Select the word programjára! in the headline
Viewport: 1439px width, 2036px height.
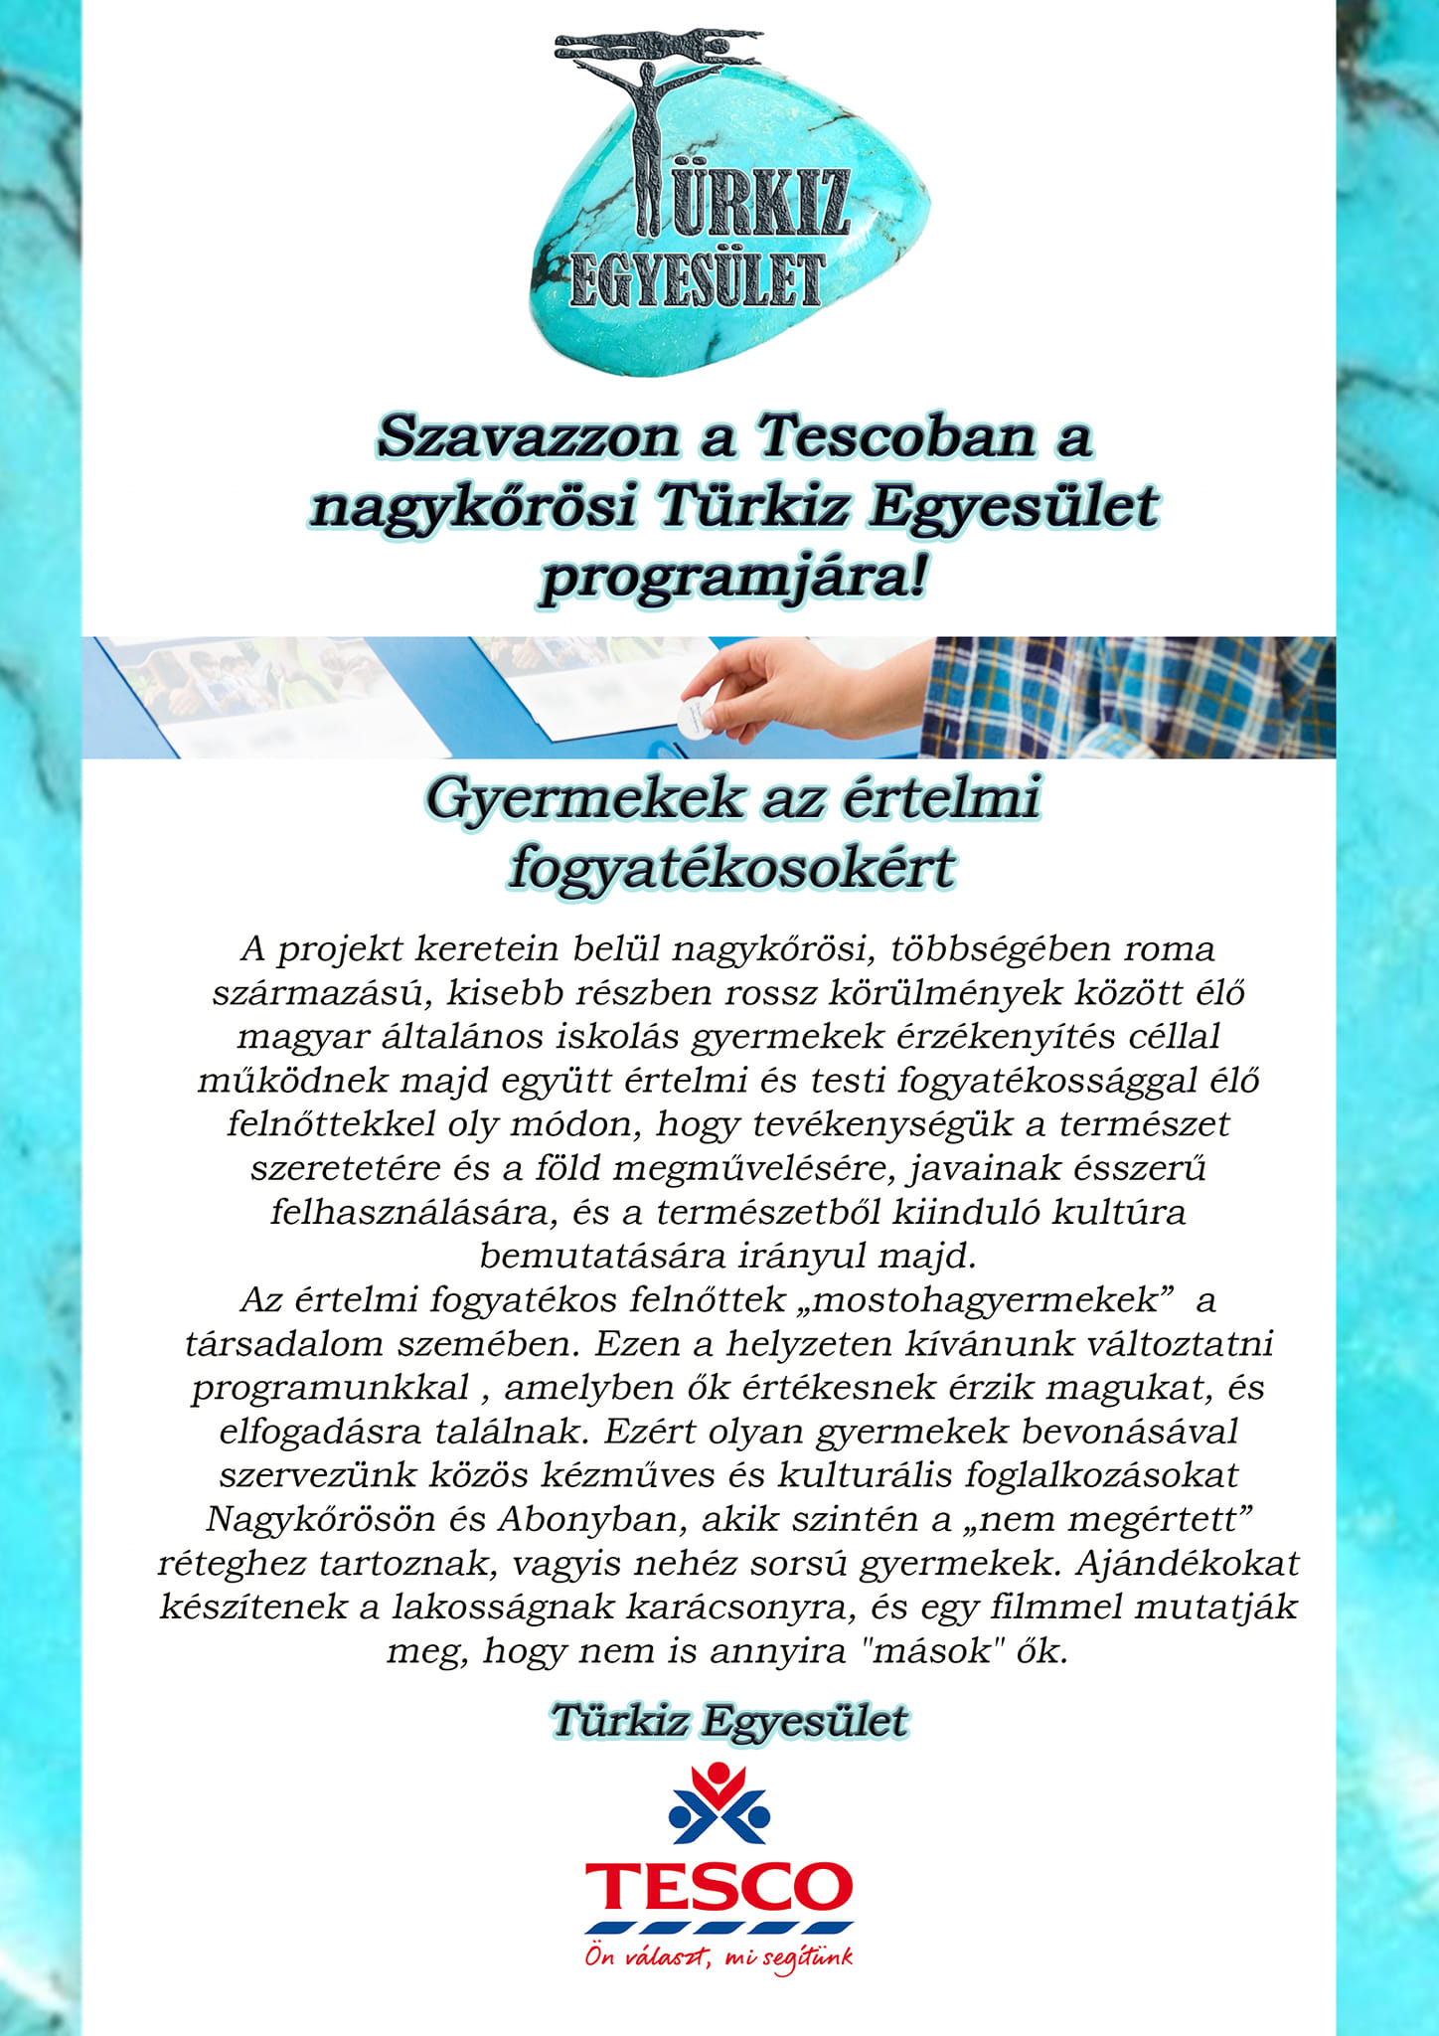coord(733,578)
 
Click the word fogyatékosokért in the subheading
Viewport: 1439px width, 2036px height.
coord(731,867)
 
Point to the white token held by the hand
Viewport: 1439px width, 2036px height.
coord(691,714)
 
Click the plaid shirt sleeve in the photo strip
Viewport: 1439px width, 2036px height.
coord(1123,697)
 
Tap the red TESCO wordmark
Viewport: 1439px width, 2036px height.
coord(719,1886)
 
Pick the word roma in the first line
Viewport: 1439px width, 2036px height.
coord(1169,948)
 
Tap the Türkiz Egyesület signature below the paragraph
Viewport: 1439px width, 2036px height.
coord(728,1721)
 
